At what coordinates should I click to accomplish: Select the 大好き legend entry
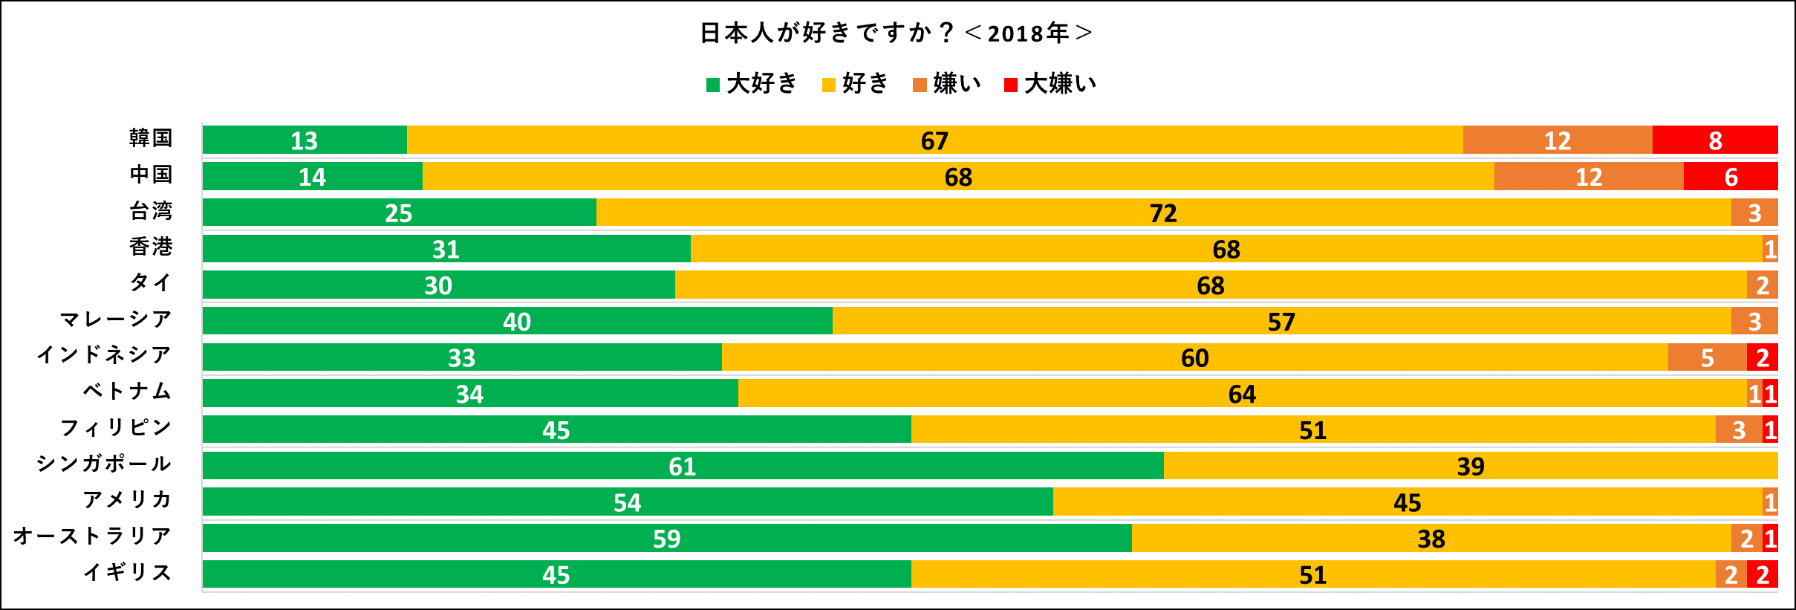click(x=752, y=84)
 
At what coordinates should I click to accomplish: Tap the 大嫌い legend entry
click(x=1050, y=84)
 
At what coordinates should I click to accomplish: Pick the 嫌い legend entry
click(x=947, y=84)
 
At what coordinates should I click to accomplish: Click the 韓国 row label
click(x=151, y=139)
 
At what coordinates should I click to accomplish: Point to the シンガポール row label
click(x=104, y=464)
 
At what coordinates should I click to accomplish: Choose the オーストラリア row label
click(x=93, y=536)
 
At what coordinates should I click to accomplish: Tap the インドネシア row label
click(x=104, y=355)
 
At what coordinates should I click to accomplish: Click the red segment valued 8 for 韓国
click(x=1714, y=140)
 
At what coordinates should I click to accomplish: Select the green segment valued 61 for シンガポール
click(x=682, y=466)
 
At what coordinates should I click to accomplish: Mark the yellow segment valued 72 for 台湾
click(x=1163, y=212)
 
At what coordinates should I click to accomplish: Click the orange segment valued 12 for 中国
click(x=1588, y=177)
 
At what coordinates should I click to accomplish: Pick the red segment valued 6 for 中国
click(x=1730, y=177)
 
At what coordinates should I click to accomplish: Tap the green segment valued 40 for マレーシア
click(x=517, y=321)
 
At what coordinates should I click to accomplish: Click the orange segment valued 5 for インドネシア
click(x=1707, y=357)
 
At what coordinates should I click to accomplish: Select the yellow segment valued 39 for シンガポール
click(x=1470, y=466)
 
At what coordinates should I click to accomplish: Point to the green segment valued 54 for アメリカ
click(x=627, y=502)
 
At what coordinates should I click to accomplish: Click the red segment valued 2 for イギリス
click(x=1762, y=574)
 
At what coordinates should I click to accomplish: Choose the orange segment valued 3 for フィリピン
click(x=1738, y=429)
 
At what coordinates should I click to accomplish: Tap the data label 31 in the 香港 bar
click(x=446, y=249)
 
